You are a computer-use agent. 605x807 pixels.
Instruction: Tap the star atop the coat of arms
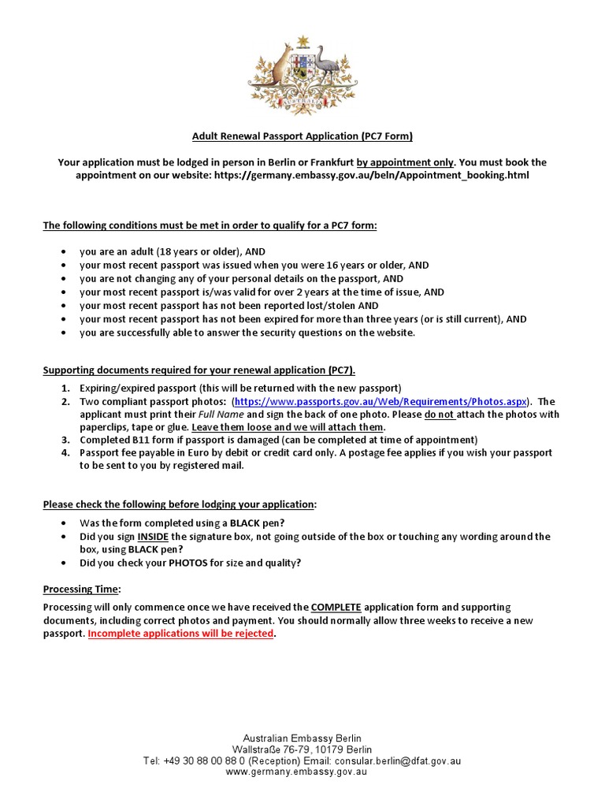[302, 41]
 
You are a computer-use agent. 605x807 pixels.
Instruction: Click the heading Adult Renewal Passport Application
[302, 136]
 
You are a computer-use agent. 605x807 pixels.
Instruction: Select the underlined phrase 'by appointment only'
[405, 162]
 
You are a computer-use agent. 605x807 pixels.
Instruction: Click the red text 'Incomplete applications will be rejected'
[180, 634]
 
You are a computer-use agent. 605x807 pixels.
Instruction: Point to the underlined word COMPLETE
[336, 607]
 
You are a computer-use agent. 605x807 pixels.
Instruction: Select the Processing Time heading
[81, 589]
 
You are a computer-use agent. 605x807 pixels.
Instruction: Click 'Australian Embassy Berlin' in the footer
[302, 738]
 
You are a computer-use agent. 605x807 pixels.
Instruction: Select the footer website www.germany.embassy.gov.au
[302, 773]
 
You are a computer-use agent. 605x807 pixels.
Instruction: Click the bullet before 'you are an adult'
[63, 252]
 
